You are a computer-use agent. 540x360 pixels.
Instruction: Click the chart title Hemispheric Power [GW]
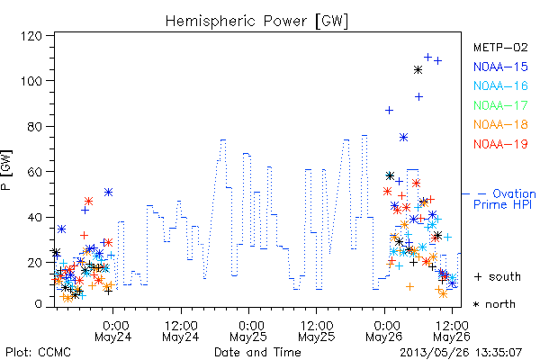coord(256,22)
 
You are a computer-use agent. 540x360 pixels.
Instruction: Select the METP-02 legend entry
coord(500,47)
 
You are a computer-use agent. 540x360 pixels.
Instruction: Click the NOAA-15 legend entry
coord(500,67)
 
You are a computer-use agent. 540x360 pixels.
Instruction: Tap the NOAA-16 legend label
coord(500,85)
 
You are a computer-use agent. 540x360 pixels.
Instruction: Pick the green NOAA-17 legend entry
coord(500,105)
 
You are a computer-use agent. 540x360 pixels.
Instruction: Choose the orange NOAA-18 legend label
coord(500,124)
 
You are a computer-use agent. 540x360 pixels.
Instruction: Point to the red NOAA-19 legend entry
coord(500,144)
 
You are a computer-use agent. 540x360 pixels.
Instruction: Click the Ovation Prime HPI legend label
coord(504,199)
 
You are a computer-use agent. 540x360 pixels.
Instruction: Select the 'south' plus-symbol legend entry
coord(498,276)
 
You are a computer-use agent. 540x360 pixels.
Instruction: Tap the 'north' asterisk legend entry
coord(494,304)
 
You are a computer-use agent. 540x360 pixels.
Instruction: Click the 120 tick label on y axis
coord(31,36)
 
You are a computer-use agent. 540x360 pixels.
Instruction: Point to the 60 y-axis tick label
coord(34,172)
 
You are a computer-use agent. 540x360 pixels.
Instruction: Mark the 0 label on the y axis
coord(38,304)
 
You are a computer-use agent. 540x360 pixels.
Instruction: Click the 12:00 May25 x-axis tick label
coord(317,331)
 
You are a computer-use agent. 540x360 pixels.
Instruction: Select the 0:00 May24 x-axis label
coord(113,331)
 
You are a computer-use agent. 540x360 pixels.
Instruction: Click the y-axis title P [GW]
coord(6,170)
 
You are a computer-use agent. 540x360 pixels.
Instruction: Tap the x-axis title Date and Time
coord(257,352)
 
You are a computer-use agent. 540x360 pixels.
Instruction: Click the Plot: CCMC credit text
coord(38,352)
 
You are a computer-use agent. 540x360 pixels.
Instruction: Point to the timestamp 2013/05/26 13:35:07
coord(461,353)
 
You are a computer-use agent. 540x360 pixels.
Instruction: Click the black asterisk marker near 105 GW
coord(418,70)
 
